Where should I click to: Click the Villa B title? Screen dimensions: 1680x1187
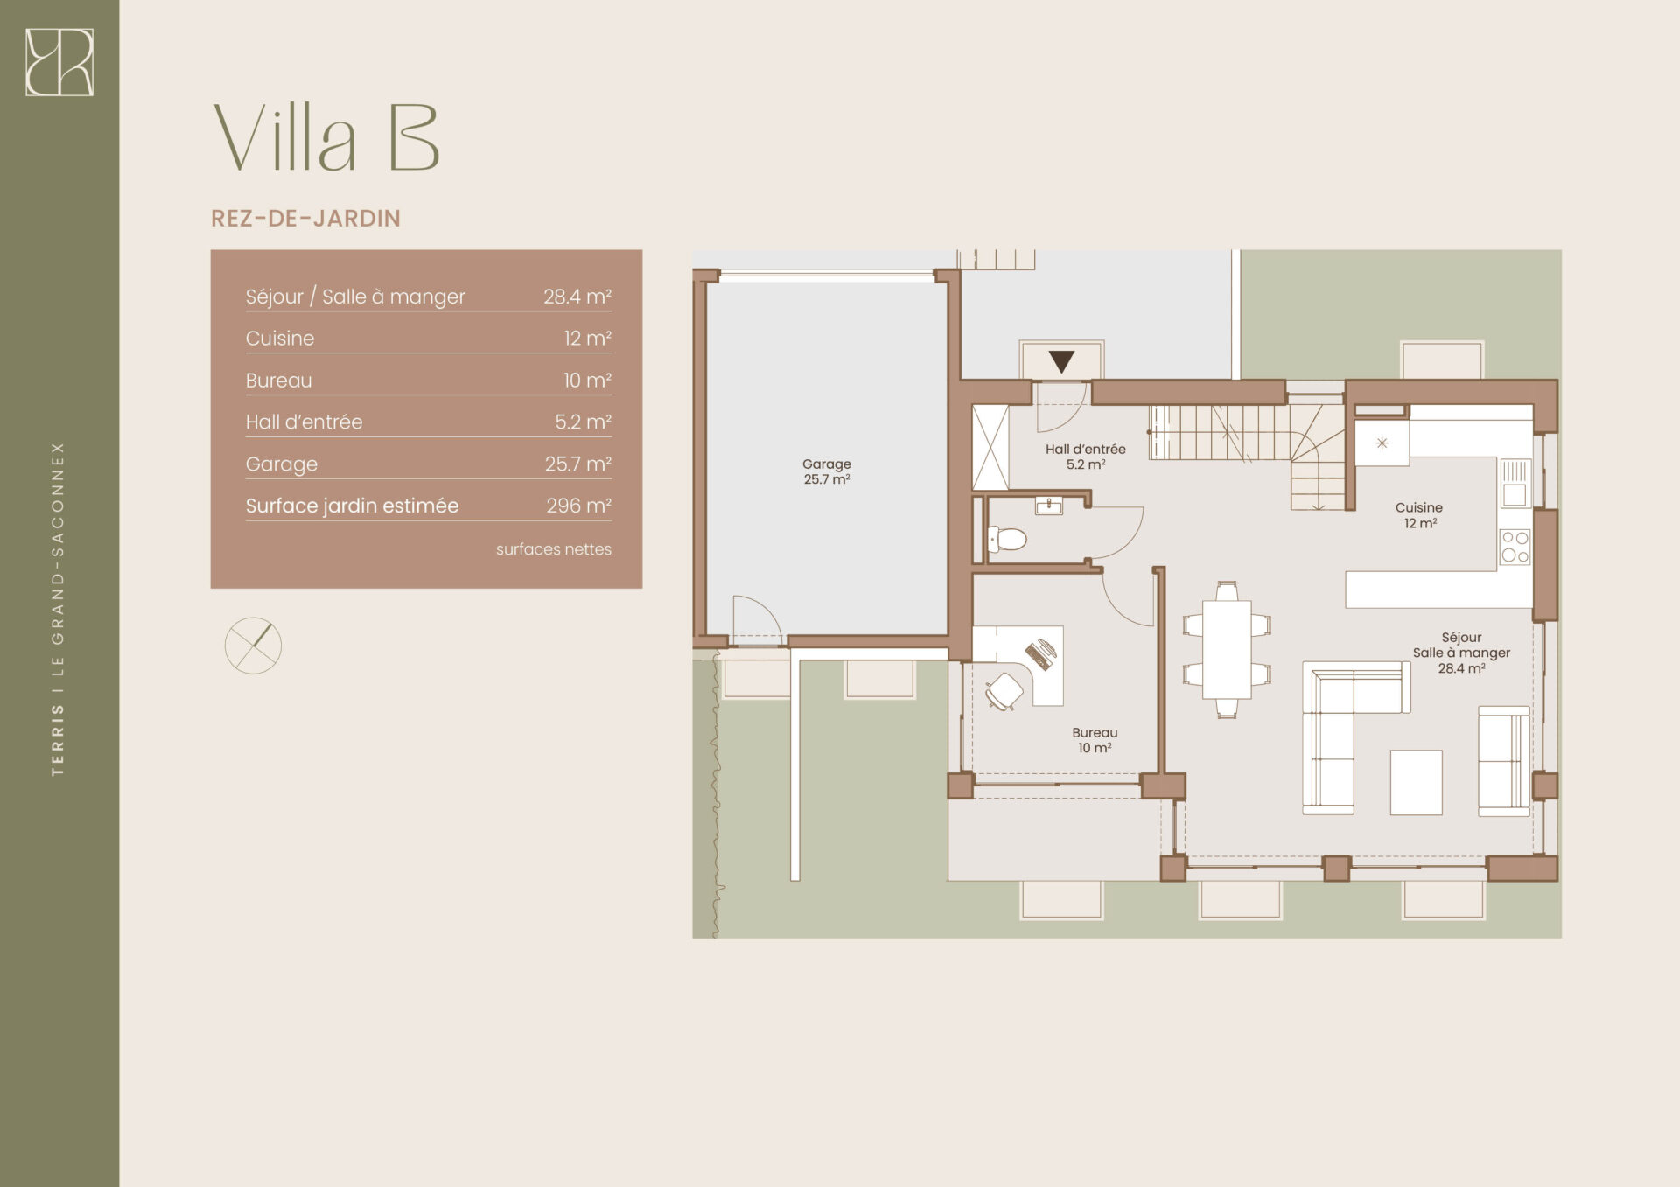click(326, 138)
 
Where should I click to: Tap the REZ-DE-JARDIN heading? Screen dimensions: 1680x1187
click(305, 219)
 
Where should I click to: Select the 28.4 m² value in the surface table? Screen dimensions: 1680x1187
click(577, 297)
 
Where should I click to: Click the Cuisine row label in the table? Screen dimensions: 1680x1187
click(280, 339)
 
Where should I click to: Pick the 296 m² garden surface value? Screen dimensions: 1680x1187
click(579, 506)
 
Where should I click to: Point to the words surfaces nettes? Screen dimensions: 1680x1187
click(554, 549)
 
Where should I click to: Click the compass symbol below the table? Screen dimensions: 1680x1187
click(253, 646)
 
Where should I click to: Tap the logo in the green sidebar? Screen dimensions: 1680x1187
click(59, 62)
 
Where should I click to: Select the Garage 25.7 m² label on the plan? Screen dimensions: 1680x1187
click(827, 471)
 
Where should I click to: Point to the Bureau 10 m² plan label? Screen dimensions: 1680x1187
click(1095, 740)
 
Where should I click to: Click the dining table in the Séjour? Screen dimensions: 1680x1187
click(1227, 649)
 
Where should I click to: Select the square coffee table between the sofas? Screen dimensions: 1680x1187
click(1416, 782)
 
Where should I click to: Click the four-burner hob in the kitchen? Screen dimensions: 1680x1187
click(1515, 547)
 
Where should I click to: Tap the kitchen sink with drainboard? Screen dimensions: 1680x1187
click(1515, 484)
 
